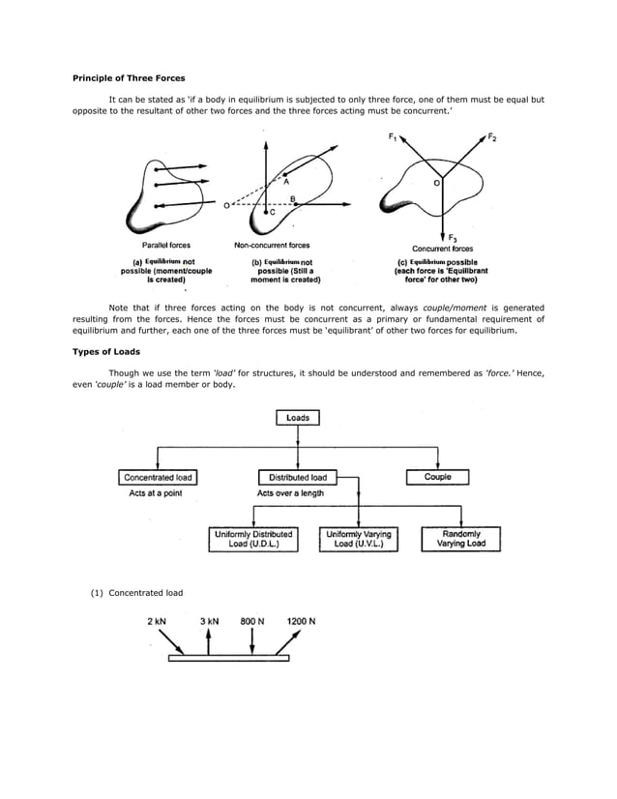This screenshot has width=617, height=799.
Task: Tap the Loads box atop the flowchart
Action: point(298,417)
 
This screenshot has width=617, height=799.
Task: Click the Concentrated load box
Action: point(159,477)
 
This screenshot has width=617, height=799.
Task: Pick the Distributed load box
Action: point(298,477)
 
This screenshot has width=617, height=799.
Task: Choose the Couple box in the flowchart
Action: point(437,477)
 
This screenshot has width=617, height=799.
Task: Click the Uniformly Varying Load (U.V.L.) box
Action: point(359,539)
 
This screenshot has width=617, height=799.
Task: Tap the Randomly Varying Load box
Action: point(461,539)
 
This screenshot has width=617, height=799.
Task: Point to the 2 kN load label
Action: point(160,620)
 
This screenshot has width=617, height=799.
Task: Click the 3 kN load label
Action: point(209,620)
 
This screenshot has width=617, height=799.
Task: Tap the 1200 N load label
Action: point(301,620)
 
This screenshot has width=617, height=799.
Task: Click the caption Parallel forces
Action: point(166,246)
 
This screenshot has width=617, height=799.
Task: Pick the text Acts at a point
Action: point(156,493)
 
